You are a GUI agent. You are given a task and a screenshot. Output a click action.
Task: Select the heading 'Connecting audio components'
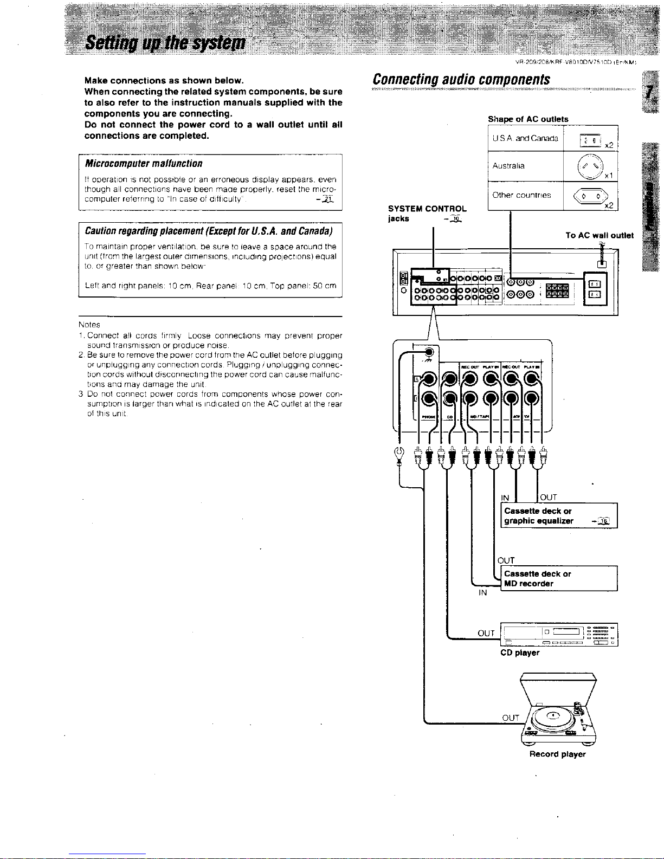click(461, 79)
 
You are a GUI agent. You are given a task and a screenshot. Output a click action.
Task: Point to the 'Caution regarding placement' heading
click(209, 231)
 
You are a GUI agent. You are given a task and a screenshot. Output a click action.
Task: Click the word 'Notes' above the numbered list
click(89, 325)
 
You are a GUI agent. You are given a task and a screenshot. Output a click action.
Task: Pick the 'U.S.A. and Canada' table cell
click(525, 138)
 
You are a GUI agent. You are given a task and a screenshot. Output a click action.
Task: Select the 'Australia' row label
click(508, 166)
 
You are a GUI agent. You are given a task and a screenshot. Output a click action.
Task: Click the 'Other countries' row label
click(521, 195)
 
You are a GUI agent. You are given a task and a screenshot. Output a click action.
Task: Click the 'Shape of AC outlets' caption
click(528, 119)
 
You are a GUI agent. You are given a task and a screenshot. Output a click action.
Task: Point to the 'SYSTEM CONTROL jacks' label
click(427, 214)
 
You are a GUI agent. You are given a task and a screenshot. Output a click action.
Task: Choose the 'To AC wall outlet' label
click(599, 235)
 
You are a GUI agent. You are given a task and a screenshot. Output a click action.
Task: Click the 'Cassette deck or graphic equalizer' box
click(558, 516)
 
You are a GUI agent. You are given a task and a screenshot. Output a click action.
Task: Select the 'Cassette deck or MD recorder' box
click(558, 579)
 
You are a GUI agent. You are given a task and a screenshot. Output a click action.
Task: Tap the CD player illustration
click(558, 635)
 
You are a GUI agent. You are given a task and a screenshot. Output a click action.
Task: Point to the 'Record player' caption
click(557, 754)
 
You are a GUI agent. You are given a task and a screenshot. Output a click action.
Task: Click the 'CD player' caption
click(519, 653)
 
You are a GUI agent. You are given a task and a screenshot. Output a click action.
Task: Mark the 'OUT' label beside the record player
click(511, 718)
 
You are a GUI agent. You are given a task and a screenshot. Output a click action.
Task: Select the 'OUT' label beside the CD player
click(486, 633)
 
